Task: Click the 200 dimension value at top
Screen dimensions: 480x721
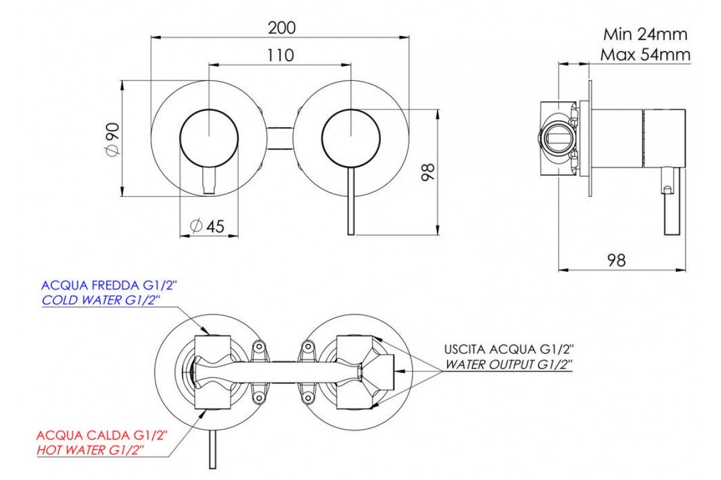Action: pos(280,28)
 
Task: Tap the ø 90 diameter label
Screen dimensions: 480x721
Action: pos(112,140)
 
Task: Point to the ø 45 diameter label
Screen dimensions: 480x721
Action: pos(207,226)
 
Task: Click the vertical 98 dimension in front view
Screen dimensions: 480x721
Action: pos(428,173)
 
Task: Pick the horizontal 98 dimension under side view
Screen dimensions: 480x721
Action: pos(616,260)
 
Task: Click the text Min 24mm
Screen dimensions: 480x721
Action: pos(645,34)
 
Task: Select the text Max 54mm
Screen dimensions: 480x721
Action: pos(645,55)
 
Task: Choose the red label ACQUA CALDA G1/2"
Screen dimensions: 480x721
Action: pos(102,434)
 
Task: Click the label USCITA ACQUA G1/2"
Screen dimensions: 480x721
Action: pos(509,349)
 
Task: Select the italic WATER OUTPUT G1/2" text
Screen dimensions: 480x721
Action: pos(508,364)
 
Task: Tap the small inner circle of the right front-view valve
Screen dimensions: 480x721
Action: pos(351,137)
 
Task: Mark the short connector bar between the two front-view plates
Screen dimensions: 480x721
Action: pos(279,137)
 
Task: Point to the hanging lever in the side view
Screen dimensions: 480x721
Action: pos(670,204)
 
